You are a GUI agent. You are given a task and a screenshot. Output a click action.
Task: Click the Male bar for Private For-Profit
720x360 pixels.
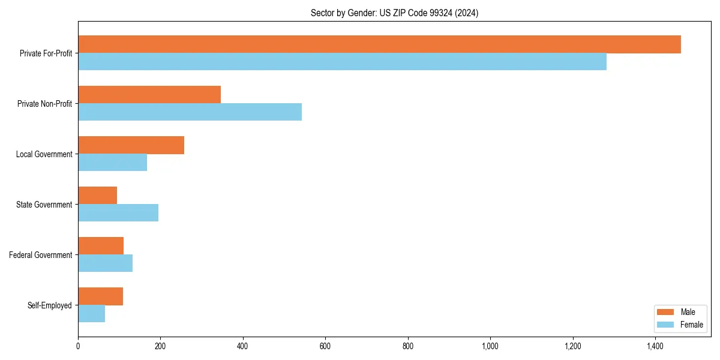point(379,44)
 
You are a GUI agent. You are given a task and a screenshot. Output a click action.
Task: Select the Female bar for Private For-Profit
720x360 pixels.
point(342,62)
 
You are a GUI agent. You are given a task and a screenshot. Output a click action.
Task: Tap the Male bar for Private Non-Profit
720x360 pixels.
point(149,95)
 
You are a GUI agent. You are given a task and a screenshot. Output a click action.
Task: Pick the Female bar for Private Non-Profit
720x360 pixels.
point(190,112)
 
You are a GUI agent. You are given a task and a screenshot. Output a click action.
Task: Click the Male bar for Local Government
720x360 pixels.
point(131,145)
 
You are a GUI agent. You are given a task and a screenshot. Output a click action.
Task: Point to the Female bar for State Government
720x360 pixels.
point(118,213)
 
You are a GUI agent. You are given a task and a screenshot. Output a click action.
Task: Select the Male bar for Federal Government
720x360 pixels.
point(101,246)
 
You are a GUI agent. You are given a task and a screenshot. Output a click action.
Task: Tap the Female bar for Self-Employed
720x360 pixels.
point(91,314)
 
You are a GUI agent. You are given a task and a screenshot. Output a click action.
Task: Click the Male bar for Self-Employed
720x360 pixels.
point(100,296)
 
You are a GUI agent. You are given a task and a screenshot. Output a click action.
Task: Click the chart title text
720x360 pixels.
point(394,13)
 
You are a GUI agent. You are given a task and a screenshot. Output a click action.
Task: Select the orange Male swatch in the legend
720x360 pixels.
point(665,312)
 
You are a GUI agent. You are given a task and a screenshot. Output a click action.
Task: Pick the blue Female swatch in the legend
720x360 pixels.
point(665,325)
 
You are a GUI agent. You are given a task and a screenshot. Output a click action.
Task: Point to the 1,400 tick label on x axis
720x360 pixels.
point(655,346)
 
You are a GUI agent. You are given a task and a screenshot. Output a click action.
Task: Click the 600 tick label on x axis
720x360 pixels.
point(325,346)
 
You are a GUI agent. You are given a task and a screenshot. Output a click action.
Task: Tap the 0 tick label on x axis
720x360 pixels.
point(78,346)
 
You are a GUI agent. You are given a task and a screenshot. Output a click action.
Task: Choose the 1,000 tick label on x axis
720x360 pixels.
point(490,346)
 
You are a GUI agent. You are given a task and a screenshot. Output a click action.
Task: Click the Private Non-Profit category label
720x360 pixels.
point(44,104)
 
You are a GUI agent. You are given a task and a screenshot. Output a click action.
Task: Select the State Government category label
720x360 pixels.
point(44,205)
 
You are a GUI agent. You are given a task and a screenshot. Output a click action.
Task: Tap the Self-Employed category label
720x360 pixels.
point(50,305)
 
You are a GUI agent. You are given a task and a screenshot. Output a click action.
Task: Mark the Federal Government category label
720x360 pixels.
point(41,255)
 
